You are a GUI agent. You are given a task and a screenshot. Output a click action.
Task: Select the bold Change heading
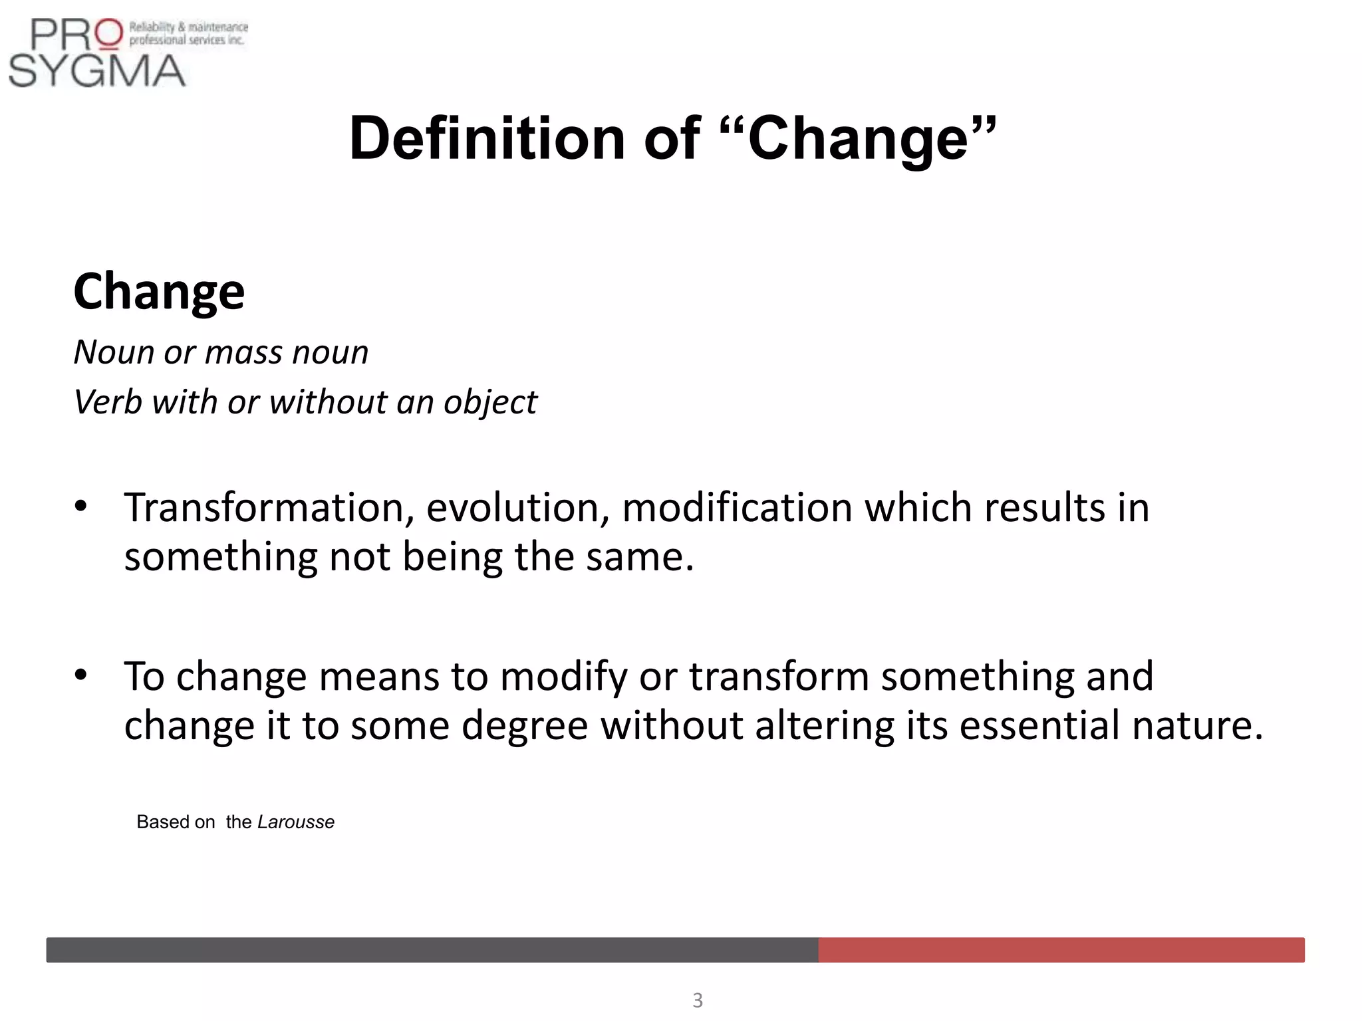[159, 292]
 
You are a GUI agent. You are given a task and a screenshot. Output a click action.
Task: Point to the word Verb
[107, 402]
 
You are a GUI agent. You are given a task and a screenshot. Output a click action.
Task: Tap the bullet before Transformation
[81, 507]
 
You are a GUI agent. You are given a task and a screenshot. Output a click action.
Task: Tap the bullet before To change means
[81, 675]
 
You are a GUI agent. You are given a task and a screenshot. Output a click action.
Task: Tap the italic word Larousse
[296, 822]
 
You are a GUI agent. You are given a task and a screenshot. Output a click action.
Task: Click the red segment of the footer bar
[1061, 950]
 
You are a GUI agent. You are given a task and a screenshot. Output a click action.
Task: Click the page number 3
[698, 1000]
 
